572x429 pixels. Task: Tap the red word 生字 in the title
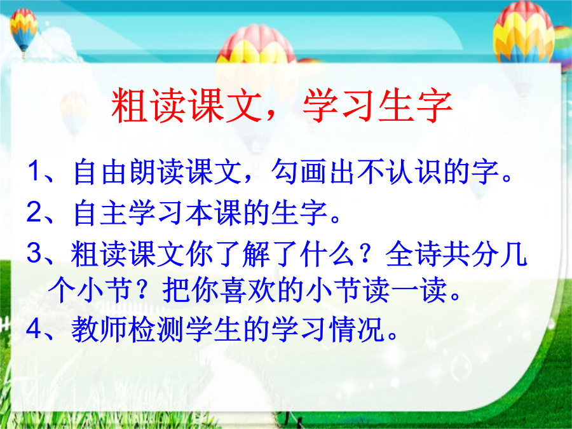coord(416,105)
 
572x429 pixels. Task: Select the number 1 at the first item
coord(35,170)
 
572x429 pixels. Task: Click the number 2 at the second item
coord(34,212)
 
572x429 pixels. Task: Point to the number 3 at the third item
coord(35,252)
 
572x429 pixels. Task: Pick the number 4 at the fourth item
coord(34,329)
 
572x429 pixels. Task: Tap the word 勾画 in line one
coord(299,171)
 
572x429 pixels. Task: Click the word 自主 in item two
coord(99,212)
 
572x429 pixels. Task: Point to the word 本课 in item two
coord(214,212)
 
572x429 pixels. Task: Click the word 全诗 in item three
coord(413,253)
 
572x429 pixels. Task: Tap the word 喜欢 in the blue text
coord(249,290)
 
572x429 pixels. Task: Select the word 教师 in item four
coord(99,329)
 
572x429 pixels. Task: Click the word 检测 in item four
coord(156,329)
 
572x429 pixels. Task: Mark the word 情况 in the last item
coord(356,329)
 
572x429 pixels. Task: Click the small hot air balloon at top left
coord(24,31)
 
